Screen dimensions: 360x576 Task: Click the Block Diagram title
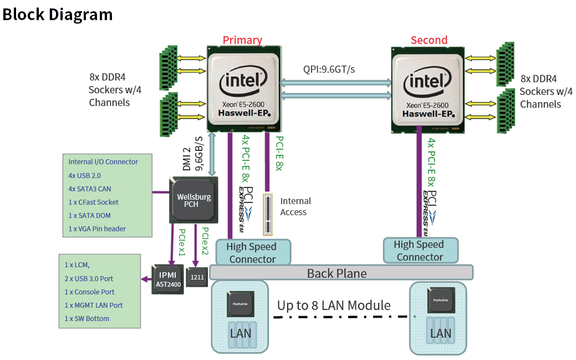click(x=58, y=14)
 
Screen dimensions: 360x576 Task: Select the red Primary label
click(x=242, y=40)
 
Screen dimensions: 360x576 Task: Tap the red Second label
click(x=429, y=40)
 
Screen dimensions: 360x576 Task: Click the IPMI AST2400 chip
click(x=169, y=279)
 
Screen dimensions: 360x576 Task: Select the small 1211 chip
click(x=196, y=276)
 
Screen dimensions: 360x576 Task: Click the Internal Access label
click(x=295, y=206)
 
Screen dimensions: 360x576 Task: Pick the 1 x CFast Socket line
click(x=94, y=202)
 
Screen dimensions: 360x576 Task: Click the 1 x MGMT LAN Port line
click(x=94, y=305)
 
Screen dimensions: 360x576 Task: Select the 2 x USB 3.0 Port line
click(x=89, y=278)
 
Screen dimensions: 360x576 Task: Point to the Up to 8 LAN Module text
click(x=334, y=305)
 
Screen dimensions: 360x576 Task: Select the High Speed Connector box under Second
click(x=420, y=251)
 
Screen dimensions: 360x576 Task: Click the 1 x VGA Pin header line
click(x=97, y=229)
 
